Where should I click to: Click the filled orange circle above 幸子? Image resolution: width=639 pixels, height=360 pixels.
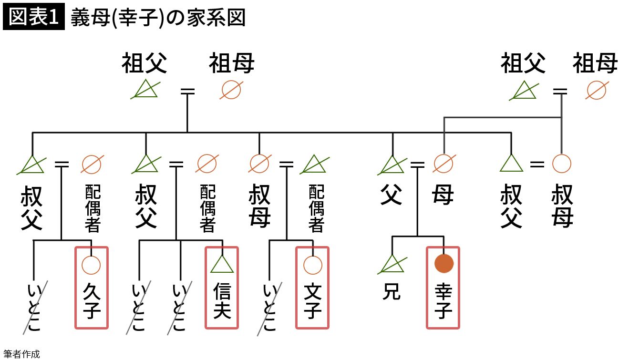pos(443,264)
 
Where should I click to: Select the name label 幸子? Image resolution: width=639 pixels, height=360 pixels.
pos(443,299)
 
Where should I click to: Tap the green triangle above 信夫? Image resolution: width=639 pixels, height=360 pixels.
pos(222,264)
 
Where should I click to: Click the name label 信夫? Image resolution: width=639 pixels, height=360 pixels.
pos(222,299)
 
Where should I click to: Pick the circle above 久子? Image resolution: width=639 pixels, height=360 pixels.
pos(91,264)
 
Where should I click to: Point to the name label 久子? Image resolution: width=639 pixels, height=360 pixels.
pos(91,299)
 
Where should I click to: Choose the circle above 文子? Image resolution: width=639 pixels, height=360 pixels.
pos(313,265)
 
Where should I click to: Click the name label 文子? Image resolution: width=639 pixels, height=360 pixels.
pos(313,299)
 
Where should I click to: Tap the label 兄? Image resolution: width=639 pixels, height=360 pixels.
pos(392,292)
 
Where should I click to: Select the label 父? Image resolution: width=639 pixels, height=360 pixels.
pos(391,195)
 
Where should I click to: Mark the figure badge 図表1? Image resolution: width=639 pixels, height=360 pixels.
pos(33,18)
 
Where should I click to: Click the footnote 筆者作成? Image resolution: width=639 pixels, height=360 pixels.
pos(21,354)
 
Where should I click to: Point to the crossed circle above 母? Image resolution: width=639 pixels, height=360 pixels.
pos(443,164)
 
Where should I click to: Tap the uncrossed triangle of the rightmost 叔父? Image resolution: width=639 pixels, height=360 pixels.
pos(511,164)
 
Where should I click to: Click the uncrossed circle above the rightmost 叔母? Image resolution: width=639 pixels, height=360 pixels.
pos(561,164)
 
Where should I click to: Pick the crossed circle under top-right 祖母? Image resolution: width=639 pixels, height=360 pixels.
pos(596,90)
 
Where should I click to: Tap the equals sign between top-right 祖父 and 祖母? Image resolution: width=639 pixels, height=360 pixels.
pos(561,91)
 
